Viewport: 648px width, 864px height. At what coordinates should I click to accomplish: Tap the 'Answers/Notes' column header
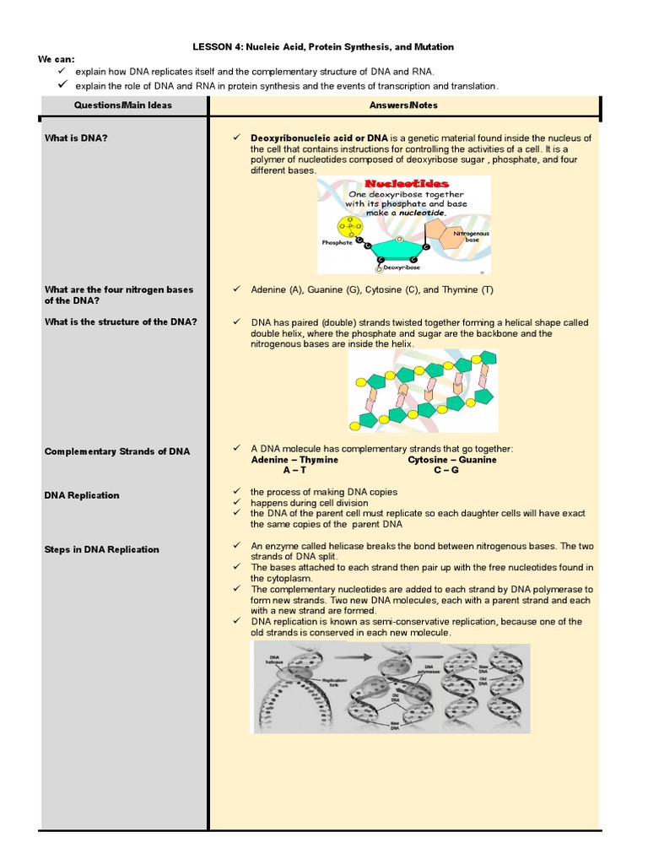(x=403, y=105)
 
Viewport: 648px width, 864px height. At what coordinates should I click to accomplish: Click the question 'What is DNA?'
(x=76, y=138)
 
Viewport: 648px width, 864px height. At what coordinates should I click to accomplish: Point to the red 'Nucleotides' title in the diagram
(x=407, y=183)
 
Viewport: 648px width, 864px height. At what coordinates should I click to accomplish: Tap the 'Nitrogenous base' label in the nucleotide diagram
(x=471, y=236)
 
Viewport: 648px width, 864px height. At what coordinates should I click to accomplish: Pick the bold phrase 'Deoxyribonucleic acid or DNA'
(x=319, y=138)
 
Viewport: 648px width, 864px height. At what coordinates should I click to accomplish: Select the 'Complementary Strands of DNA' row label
(x=117, y=451)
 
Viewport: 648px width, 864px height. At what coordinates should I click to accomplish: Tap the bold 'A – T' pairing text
(x=294, y=470)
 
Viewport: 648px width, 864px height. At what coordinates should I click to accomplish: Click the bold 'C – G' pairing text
(x=446, y=470)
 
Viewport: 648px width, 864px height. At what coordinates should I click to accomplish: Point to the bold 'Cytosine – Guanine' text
(x=452, y=460)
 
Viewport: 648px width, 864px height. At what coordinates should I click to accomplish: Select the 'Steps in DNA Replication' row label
(x=101, y=549)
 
